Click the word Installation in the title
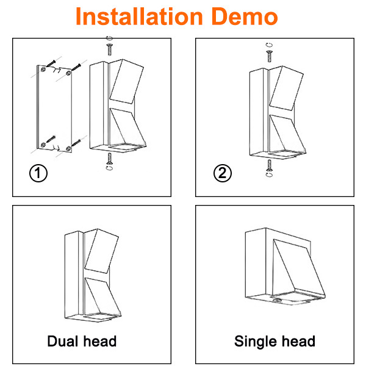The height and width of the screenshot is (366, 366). click(139, 16)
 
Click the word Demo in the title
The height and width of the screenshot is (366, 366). click(245, 16)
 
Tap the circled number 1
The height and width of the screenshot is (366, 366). click(38, 173)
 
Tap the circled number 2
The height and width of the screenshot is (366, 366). click(223, 173)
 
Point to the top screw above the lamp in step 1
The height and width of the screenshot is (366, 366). click(109, 49)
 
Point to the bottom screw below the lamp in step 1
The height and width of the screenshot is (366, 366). click(109, 159)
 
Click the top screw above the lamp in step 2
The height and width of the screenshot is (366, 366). click(270, 56)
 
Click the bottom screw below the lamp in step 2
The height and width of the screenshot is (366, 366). click(269, 165)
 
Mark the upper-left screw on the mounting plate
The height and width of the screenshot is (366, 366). click(51, 63)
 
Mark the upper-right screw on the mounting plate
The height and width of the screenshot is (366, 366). click(76, 68)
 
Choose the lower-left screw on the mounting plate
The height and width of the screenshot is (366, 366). click(51, 139)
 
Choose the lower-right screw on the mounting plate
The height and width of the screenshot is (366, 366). click(76, 143)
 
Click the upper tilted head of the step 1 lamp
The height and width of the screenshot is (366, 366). click(126, 81)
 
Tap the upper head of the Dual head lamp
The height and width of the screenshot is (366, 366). click(101, 251)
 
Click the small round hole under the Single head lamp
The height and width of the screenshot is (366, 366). click(277, 300)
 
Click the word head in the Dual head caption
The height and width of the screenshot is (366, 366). click(100, 341)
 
